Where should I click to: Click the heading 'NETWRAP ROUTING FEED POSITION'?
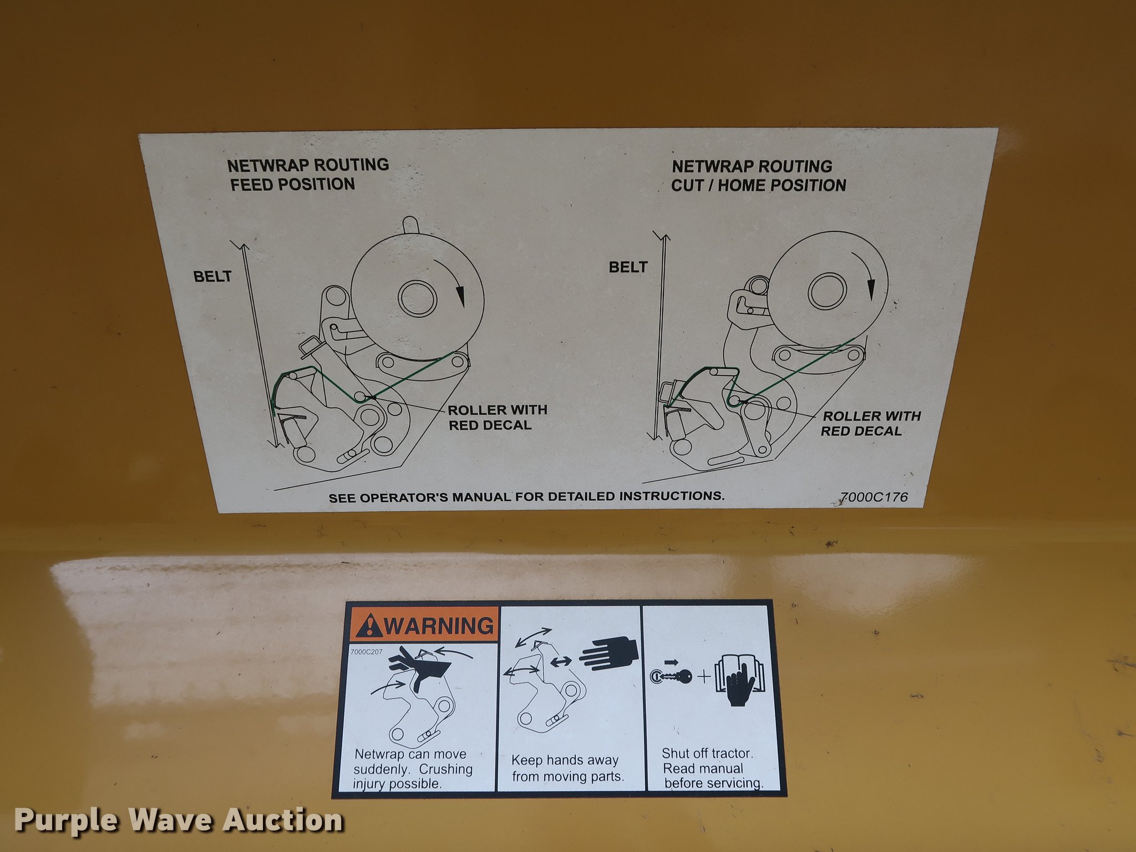(308, 175)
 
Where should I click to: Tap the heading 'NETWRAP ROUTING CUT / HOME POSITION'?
(759, 176)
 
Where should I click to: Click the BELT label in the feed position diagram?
(212, 276)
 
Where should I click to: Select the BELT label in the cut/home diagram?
(628, 267)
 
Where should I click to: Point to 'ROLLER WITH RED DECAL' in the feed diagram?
(498, 417)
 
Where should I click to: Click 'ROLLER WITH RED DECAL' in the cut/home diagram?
(871, 423)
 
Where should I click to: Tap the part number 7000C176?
(874, 497)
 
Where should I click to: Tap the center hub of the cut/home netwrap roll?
(827, 291)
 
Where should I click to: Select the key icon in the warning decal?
(671, 676)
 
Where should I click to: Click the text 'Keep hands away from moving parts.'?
(567, 768)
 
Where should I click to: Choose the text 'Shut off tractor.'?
(708, 753)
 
